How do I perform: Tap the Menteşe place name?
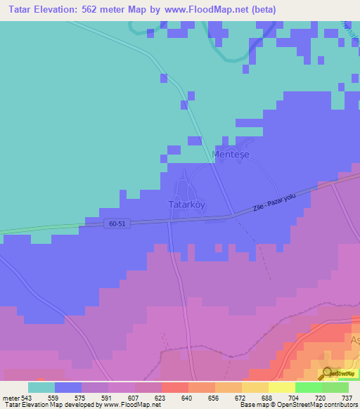tap(231, 154)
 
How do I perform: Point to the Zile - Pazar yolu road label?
tap(279, 202)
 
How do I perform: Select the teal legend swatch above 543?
tap(41, 387)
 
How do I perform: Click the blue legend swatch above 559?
tap(68, 387)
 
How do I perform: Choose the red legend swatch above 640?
tap(174, 387)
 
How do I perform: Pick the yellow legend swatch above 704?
tap(281, 387)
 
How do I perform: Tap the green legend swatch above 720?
tap(308, 387)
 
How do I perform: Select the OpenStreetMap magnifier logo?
tap(327, 373)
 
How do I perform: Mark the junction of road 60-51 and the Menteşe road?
tap(231, 215)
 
